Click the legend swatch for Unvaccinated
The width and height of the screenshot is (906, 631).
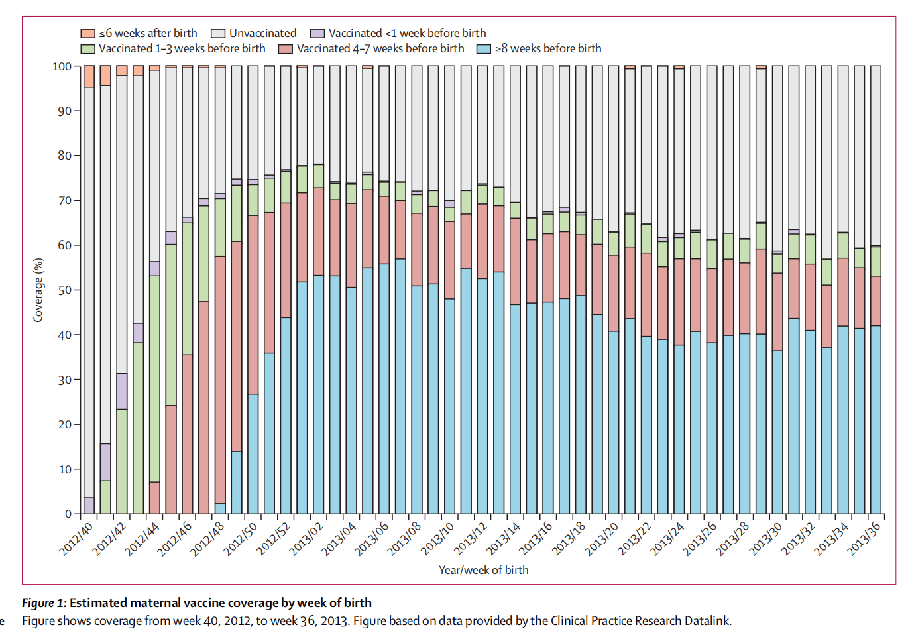pos(218,33)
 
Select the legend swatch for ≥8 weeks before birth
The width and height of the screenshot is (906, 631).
pos(484,48)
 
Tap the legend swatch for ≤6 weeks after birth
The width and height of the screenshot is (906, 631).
pos(88,33)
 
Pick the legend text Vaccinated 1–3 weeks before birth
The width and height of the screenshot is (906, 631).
pos(182,48)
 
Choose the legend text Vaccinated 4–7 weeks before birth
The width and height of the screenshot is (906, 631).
pos(380,48)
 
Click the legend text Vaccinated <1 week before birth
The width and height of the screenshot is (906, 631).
pos(407,33)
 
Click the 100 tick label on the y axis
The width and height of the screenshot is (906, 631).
pos(62,66)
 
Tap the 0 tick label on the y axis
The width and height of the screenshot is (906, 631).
pos(68,514)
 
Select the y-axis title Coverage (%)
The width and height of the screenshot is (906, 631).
pos(38,290)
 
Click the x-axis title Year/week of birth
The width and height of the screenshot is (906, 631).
pos(483,570)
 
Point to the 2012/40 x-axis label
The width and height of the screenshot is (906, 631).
pos(77,538)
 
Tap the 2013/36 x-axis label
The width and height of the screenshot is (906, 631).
pos(864,538)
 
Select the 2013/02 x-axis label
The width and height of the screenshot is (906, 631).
pos(306,538)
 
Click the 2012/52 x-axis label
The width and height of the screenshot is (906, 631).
pos(274,538)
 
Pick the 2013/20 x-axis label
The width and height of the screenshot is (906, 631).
pos(602,538)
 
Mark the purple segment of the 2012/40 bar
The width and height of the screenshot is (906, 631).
pos(89,506)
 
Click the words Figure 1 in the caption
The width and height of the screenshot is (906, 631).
pos(44,603)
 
